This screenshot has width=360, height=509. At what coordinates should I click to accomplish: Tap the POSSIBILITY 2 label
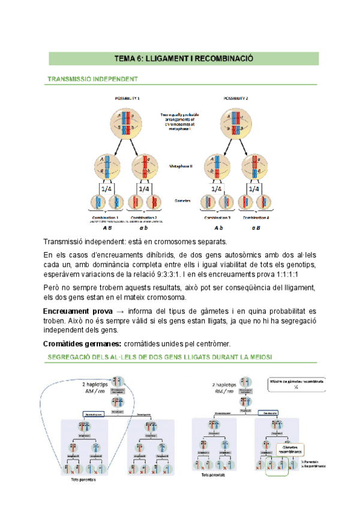tap(236, 98)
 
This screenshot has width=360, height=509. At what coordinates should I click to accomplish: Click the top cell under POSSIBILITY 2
tap(235, 122)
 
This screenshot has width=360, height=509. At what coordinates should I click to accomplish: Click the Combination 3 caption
tap(217, 217)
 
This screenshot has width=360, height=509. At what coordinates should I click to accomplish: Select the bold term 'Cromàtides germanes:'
tap(81, 343)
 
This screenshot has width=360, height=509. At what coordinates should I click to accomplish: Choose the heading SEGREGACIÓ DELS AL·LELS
tap(159, 358)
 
